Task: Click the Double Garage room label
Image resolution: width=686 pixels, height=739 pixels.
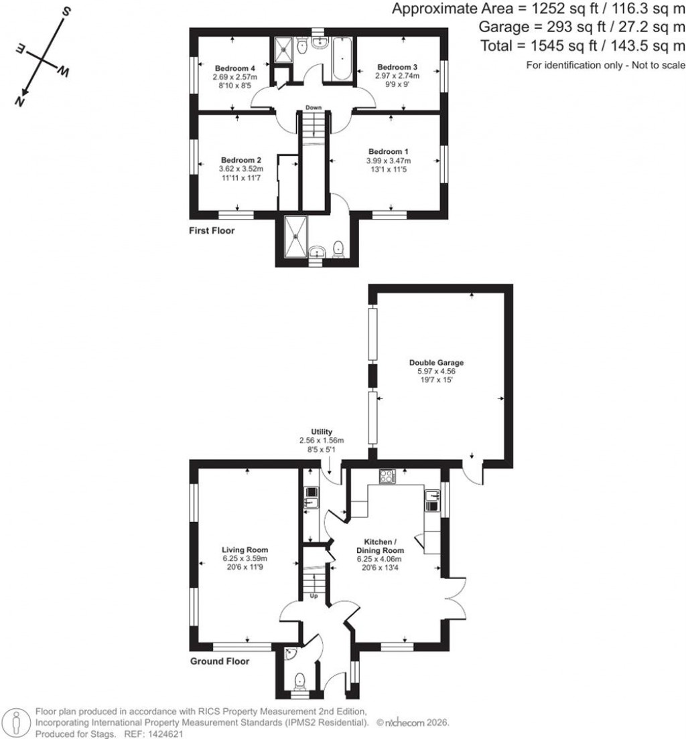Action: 436,363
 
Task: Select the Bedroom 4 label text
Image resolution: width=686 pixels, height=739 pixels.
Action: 234,68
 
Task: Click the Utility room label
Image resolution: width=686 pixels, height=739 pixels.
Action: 321,432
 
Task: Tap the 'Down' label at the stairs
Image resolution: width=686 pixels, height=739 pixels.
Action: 314,107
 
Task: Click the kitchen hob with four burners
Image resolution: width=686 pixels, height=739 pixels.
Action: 388,477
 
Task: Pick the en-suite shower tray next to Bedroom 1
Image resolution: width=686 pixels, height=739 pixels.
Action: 294,235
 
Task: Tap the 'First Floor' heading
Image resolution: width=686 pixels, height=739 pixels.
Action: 211,230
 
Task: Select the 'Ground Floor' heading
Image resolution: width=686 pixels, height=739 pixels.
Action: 220,661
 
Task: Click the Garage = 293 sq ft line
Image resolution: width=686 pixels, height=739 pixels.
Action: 581,27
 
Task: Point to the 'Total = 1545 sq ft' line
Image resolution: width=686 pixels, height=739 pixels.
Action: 583,46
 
